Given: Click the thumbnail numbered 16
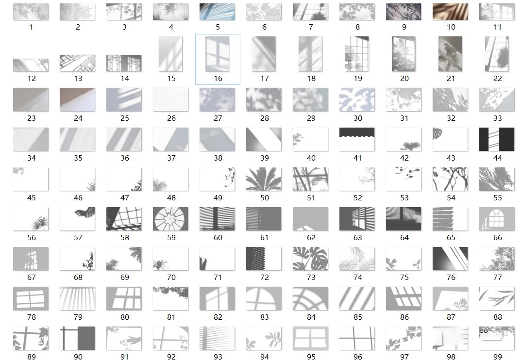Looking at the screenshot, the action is point(218,54).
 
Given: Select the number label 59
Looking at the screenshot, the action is point(171,238).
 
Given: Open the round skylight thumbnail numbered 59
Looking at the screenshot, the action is point(170,219).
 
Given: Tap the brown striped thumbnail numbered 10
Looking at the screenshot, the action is point(450,12).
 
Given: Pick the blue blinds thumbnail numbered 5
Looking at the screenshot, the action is point(217,12).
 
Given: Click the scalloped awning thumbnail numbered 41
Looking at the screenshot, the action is point(357,139).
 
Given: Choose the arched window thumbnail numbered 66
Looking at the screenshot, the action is point(497,219).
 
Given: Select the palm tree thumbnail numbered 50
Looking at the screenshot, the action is point(264,179).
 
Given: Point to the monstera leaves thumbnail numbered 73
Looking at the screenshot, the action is point(310,259).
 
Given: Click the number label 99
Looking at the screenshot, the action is point(497,357).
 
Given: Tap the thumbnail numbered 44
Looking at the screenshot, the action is point(497,139).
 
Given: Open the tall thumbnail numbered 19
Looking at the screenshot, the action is point(357,54).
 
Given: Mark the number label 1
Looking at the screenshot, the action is point(31,27).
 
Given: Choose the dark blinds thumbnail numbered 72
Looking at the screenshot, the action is point(264,259).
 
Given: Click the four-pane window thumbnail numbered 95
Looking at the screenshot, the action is point(310,338).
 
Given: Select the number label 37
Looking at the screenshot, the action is point(171,158).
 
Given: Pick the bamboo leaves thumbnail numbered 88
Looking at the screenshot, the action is point(497,298).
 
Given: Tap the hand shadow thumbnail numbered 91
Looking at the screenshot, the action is point(124,338).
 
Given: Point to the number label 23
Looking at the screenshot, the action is point(31,118).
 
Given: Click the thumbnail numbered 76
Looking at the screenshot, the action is point(450,259).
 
